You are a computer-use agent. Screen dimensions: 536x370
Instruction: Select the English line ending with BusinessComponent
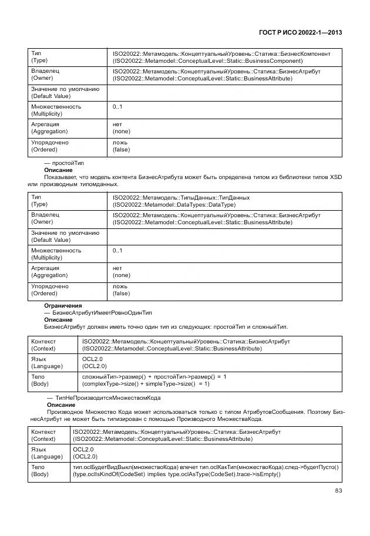(x=207, y=60)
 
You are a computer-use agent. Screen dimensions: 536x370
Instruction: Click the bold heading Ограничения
(x=63, y=306)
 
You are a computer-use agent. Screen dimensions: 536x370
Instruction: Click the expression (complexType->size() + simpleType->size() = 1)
(x=146, y=383)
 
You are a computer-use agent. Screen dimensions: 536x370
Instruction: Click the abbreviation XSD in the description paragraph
(x=335, y=177)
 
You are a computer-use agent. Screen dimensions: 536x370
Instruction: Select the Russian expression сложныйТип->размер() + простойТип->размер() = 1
(x=154, y=376)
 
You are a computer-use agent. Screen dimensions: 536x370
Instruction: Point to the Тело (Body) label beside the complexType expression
(x=40, y=380)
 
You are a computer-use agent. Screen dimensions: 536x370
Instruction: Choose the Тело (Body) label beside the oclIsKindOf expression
(x=40, y=471)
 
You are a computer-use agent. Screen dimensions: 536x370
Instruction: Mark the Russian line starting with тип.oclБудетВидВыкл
(x=206, y=467)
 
